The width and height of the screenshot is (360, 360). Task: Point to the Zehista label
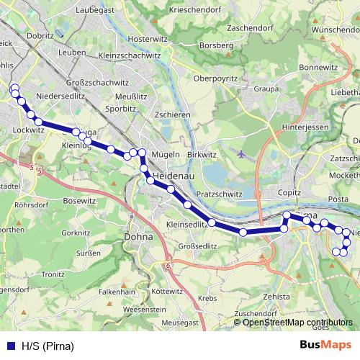tap(276, 297)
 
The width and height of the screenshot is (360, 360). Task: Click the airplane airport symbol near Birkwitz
tap(240, 153)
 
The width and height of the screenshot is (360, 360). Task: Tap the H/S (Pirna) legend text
tap(48, 346)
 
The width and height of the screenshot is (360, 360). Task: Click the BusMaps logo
tap(325, 345)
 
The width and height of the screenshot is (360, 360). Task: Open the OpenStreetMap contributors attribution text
tap(297, 323)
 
